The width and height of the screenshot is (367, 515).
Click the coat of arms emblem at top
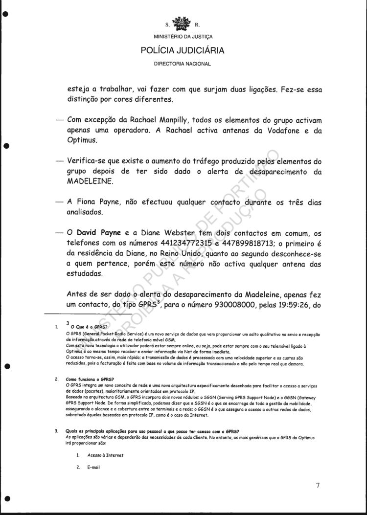(x=183, y=23)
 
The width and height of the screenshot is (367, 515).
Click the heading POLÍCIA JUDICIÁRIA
(x=183, y=50)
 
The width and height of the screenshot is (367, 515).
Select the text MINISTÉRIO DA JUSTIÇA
(x=183, y=37)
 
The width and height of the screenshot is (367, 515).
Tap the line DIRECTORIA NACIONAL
(x=183, y=64)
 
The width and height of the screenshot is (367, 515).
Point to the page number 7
(x=318, y=485)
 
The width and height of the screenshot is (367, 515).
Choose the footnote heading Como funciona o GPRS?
(x=90, y=379)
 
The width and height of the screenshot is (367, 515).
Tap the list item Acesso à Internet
(x=105, y=455)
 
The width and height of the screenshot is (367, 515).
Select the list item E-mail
(x=93, y=468)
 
